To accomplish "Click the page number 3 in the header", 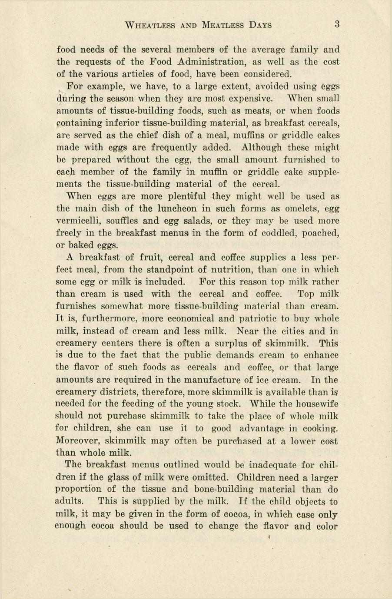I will pos(337,25).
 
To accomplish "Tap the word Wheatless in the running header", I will pos(150,25).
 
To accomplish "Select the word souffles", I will pos(120,221).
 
